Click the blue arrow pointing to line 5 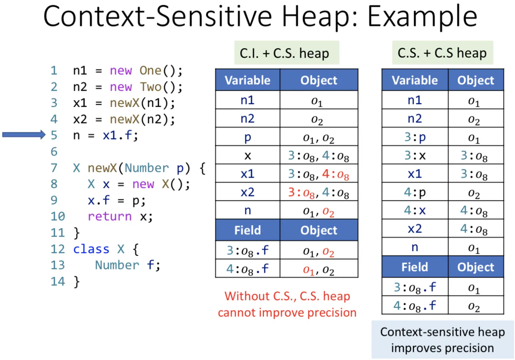24,135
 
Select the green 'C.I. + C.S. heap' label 286,53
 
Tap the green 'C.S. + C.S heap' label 442,53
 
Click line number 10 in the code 58,217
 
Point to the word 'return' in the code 110,217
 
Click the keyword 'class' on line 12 91,249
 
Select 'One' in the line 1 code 150,70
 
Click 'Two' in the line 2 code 150,87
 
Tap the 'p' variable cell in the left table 248,137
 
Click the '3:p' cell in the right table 415,137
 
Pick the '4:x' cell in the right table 415,210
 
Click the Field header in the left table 248,230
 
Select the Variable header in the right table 415,80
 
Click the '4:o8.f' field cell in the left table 248,269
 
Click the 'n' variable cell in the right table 415,247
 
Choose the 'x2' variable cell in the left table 248,192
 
